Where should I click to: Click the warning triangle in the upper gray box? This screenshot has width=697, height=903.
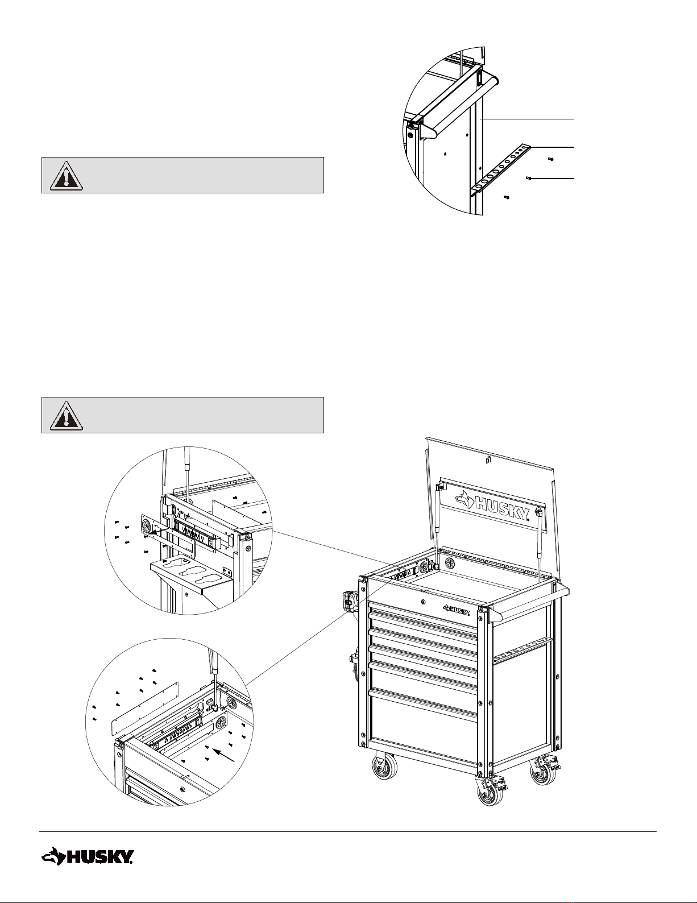[67, 175]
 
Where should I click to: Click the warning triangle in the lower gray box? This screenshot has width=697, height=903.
[67, 415]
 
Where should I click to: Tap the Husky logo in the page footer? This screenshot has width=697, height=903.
[87, 856]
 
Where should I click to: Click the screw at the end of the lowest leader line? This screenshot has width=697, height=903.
[528, 178]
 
